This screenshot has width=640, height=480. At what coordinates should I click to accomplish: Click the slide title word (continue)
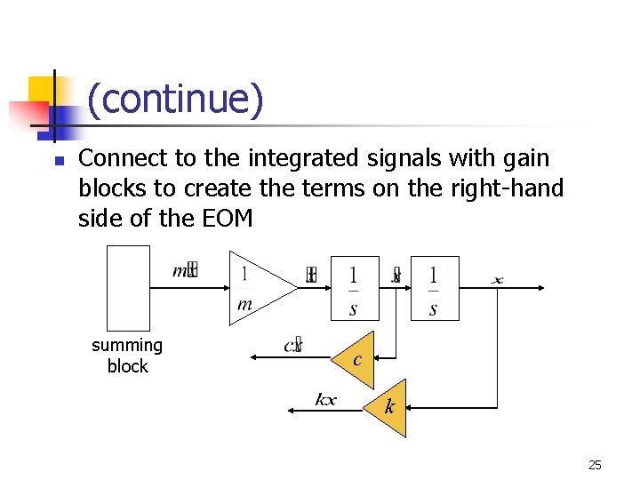[x=175, y=99]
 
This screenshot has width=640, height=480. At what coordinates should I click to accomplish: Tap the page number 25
[x=596, y=465]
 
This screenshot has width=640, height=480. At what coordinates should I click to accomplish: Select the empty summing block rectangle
[x=129, y=288]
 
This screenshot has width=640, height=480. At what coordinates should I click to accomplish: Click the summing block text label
[x=127, y=356]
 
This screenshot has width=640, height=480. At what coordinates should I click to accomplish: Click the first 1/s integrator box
[x=354, y=288]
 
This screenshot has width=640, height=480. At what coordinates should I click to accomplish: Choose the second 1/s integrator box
[x=434, y=288]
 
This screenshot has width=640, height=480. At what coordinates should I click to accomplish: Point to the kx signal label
[x=325, y=399]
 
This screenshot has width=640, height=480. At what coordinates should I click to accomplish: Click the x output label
[x=497, y=281]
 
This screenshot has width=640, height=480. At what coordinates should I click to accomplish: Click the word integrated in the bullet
[x=291, y=159]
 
